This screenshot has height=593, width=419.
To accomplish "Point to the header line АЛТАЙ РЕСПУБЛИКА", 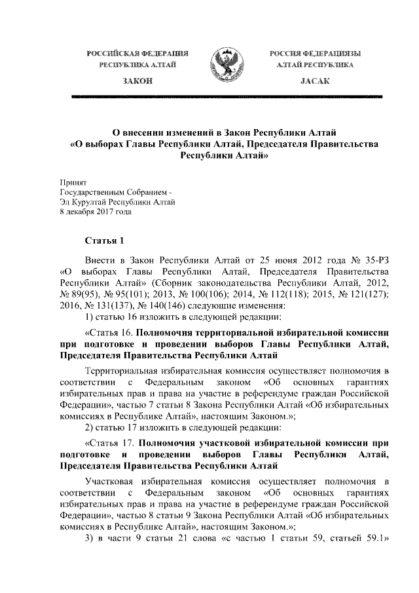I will click(315, 66).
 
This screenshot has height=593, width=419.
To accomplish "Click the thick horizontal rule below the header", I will click(227, 96).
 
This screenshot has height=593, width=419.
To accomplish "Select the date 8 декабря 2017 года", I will click(96, 212).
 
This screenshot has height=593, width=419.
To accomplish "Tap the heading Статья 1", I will click(103, 240).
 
